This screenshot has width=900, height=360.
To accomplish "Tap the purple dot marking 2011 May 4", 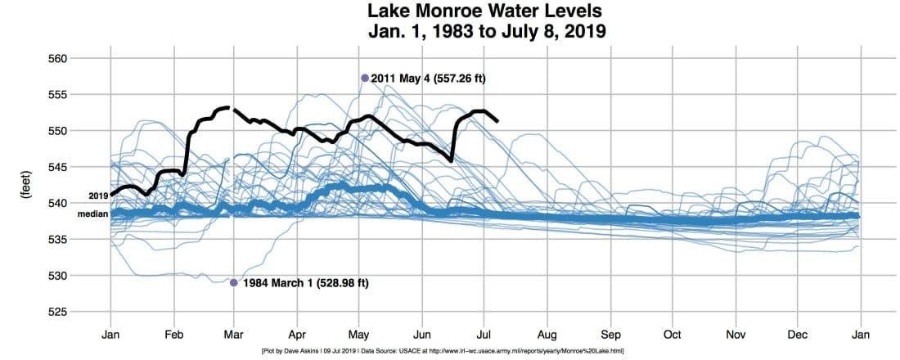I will click(x=365, y=78).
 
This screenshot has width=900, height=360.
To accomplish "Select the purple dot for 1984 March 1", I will click(x=234, y=282).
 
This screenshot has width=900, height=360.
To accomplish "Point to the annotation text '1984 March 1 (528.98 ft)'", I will click(x=305, y=283).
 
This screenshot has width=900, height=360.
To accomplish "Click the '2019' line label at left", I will click(x=98, y=196).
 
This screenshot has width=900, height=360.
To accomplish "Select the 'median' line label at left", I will click(x=92, y=214).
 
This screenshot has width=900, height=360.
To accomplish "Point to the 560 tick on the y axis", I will click(x=79, y=59).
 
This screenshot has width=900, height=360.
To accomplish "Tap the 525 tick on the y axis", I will click(x=79, y=312).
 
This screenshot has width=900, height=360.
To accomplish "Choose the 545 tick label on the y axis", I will click(x=79, y=167).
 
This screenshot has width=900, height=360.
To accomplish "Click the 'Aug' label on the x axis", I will click(x=547, y=335).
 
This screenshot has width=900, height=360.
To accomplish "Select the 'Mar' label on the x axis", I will click(x=235, y=335).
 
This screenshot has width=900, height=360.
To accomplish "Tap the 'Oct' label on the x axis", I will click(x=673, y=335).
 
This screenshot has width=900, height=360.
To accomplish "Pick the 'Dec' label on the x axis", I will click(x=798, y=335).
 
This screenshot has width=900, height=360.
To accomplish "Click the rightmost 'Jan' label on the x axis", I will click(x=861, y=335).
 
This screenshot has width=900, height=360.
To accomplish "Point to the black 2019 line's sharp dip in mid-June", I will click(x=452, y=160).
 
